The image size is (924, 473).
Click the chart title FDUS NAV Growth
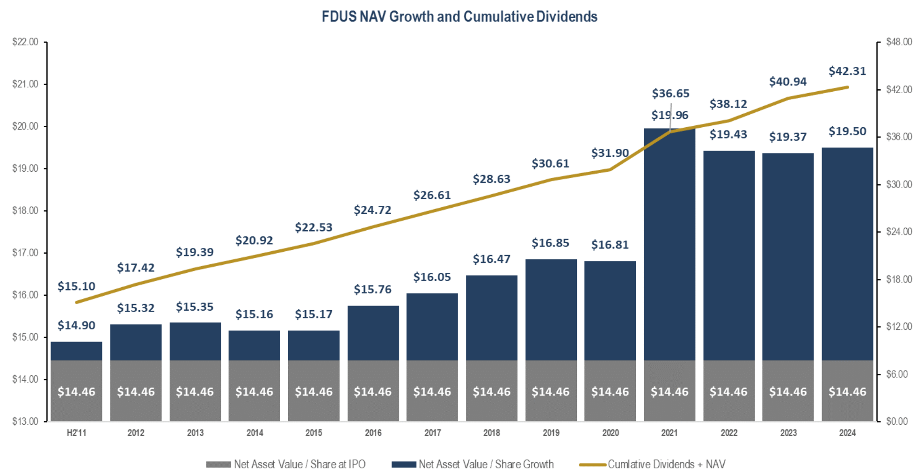(x=459, y=17)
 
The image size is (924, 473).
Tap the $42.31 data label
(x=847, y=71)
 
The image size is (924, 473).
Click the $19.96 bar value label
(x=669, y=115)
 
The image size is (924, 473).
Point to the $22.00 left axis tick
(x=25, y=42)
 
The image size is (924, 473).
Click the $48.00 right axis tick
(x=899, y=42)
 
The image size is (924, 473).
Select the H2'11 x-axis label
(x=76, y=433)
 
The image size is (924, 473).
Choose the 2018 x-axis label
(x=491, y=433)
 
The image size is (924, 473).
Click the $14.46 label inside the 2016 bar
(x=372, y=392)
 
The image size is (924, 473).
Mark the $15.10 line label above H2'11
(x=76, y=286)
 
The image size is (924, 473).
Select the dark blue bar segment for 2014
(x=254, y=345)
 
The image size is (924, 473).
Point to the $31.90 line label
(x=610, y=153)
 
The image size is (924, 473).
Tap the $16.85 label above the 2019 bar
(x=550, y=243)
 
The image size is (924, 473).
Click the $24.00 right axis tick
(x=899, y=232)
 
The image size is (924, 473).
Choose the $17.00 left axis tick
(x=25, y=253)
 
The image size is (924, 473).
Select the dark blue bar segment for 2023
(x=788, y=257)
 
